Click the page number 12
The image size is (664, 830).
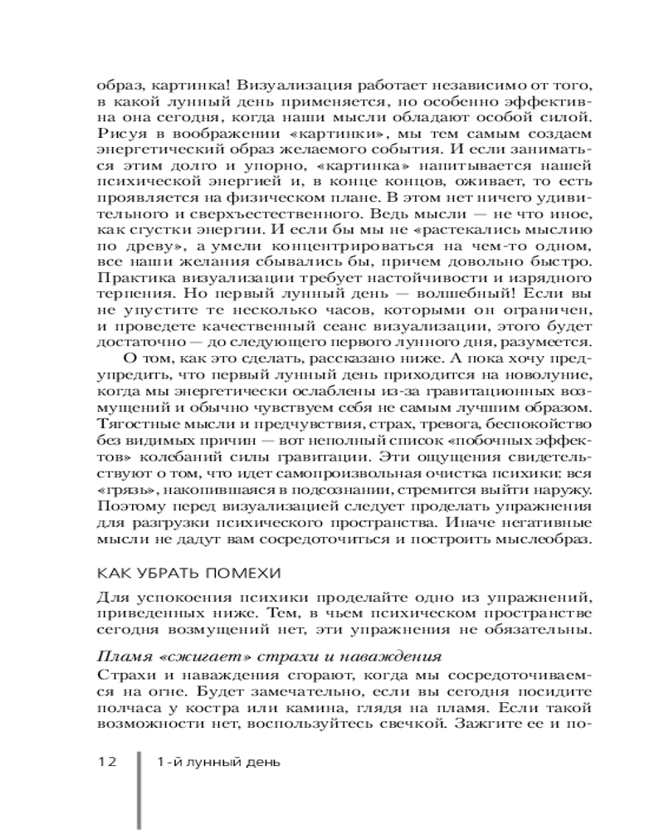110,763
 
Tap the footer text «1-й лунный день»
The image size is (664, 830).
217,763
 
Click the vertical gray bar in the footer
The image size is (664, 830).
138,788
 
